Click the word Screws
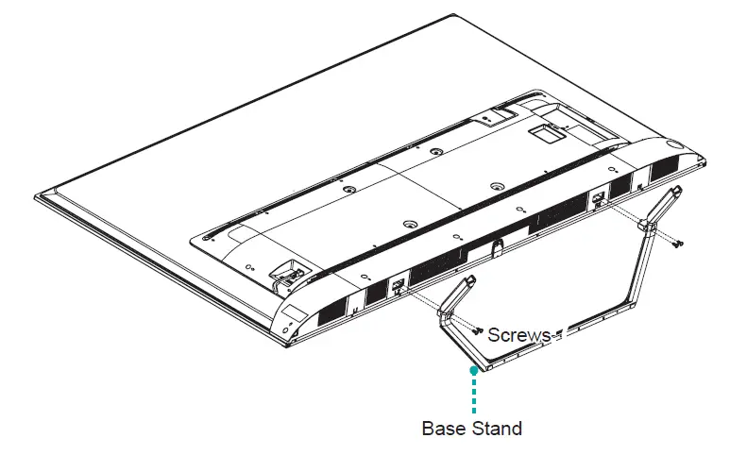click(x=519, y=335)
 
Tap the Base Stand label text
click(x=471, y=428)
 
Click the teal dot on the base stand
click(x=474, y=371)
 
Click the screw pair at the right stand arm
click(x=677, y=243)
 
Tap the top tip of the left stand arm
click(x=468, y=281)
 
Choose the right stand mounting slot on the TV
click(x=599, y=199)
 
